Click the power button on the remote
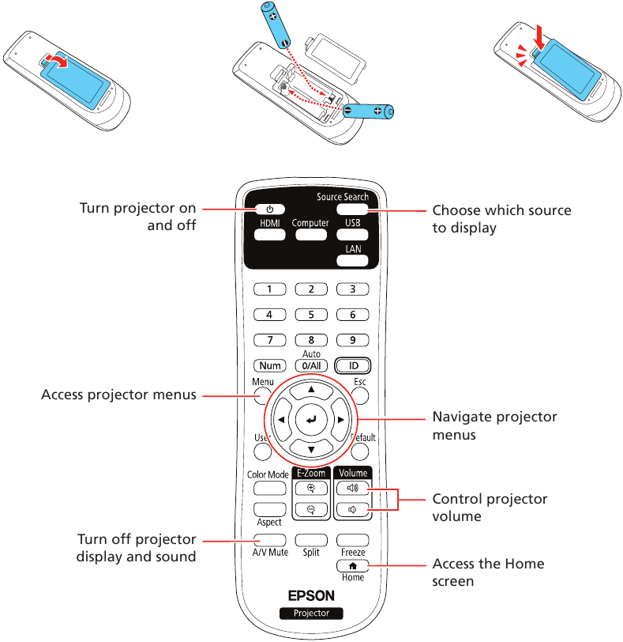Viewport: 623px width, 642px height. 269,210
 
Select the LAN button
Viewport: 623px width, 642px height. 353,259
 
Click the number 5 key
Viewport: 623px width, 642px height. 311,314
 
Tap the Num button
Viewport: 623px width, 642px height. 269,366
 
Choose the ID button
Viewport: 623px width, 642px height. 353,366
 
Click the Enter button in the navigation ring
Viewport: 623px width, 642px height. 311,420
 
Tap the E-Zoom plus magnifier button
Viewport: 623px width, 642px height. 311,489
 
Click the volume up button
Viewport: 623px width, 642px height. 353,489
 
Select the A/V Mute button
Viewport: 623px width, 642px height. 269,539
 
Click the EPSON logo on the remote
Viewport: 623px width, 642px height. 311,595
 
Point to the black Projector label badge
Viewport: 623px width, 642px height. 311,614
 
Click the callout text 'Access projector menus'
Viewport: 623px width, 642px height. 118,395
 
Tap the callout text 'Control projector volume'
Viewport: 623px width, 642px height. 490,508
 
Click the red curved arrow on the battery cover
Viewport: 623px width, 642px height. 54,62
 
